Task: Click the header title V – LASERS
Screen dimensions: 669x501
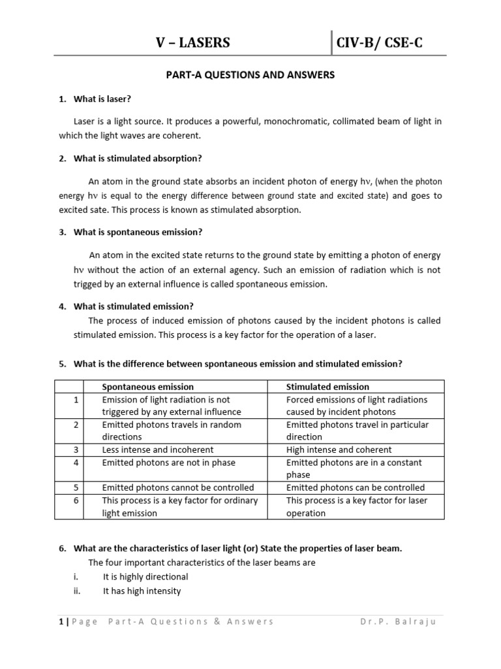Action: coord(192,43)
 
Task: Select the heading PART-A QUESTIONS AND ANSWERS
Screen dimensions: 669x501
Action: coord(250,75)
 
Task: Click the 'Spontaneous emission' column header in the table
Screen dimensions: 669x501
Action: coord(148,387)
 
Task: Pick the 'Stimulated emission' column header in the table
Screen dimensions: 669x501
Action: coord(327,387)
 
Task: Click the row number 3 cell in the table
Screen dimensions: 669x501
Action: coord(76,449)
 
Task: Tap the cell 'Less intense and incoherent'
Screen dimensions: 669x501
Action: coord(158,449)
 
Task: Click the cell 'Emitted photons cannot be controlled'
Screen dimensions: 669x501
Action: coord(178,487)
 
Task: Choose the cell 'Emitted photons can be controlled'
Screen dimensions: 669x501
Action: coord(355,487)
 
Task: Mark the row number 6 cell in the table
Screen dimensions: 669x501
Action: coord(76,500)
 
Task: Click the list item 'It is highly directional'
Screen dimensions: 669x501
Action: coord(145,577)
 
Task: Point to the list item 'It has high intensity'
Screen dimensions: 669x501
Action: coord(142,591)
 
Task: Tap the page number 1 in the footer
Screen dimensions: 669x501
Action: coord(61,621)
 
